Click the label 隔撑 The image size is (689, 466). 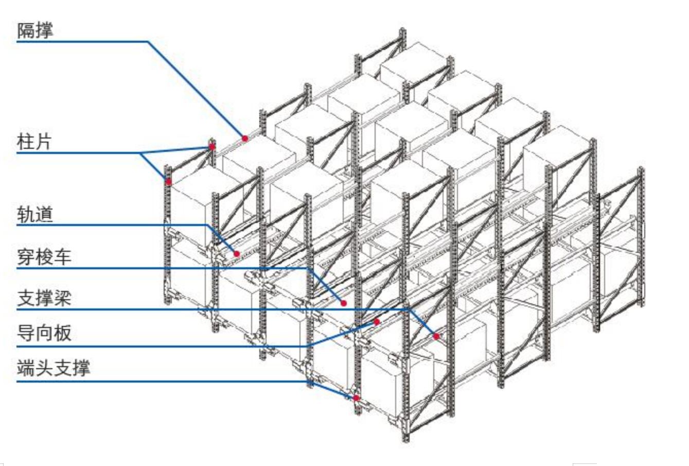35,30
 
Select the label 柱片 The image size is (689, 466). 34,141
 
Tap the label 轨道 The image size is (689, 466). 35,214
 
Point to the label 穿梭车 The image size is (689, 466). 44,256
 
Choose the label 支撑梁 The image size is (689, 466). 44,298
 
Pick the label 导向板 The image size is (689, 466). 44,333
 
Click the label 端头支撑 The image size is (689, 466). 53,368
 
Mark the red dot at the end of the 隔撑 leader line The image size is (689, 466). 245,138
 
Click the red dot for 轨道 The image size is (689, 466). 237,254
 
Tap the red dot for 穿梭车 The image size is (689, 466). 343,303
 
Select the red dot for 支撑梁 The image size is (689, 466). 436,336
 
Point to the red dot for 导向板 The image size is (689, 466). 377,322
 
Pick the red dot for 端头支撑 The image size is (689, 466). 356,398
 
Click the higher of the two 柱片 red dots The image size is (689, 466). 212,147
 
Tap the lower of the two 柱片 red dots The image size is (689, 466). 168,181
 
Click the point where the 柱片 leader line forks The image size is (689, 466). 140,153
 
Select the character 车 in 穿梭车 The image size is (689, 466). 62,256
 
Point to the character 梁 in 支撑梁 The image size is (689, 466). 62,298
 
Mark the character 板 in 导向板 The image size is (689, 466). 62,333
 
